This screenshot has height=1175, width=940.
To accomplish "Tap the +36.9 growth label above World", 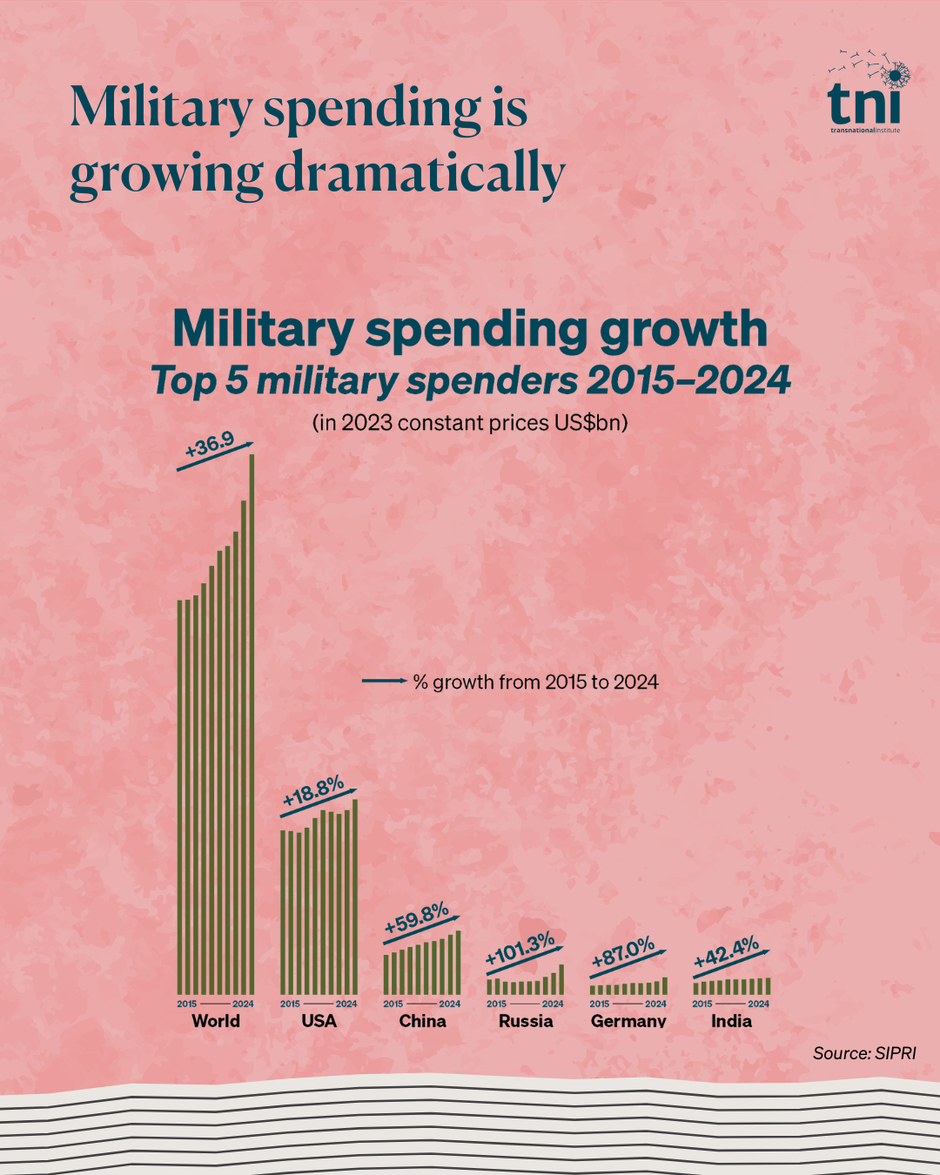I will [210, 446].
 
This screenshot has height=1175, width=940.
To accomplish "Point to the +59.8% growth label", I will [417, 919].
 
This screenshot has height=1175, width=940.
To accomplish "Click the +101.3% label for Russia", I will [520, 950].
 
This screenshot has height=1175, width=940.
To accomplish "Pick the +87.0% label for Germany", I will [623, 953].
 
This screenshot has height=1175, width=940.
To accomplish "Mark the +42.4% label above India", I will [727, 954].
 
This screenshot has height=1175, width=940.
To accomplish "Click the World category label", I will [216, 1021].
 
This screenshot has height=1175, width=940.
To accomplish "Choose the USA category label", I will [319, 1021].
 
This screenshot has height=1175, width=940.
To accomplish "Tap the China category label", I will [422, 1021].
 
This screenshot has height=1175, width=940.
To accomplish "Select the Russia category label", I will [526, 1021].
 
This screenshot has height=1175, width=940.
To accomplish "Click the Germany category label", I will [628, 1021].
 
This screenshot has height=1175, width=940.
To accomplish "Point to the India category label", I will [731, 1021].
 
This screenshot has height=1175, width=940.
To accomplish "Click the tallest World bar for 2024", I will [252, 722].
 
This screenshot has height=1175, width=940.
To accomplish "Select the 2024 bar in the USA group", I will [355, 896].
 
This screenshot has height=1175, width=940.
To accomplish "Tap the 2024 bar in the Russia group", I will [561, 979].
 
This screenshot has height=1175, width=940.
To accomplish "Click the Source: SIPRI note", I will [864, 1053].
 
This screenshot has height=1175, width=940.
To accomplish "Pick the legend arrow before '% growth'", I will [384, 681].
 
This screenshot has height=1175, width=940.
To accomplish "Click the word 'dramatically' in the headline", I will [420, 173].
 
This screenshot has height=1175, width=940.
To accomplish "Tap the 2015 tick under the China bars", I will [393, 1004].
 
